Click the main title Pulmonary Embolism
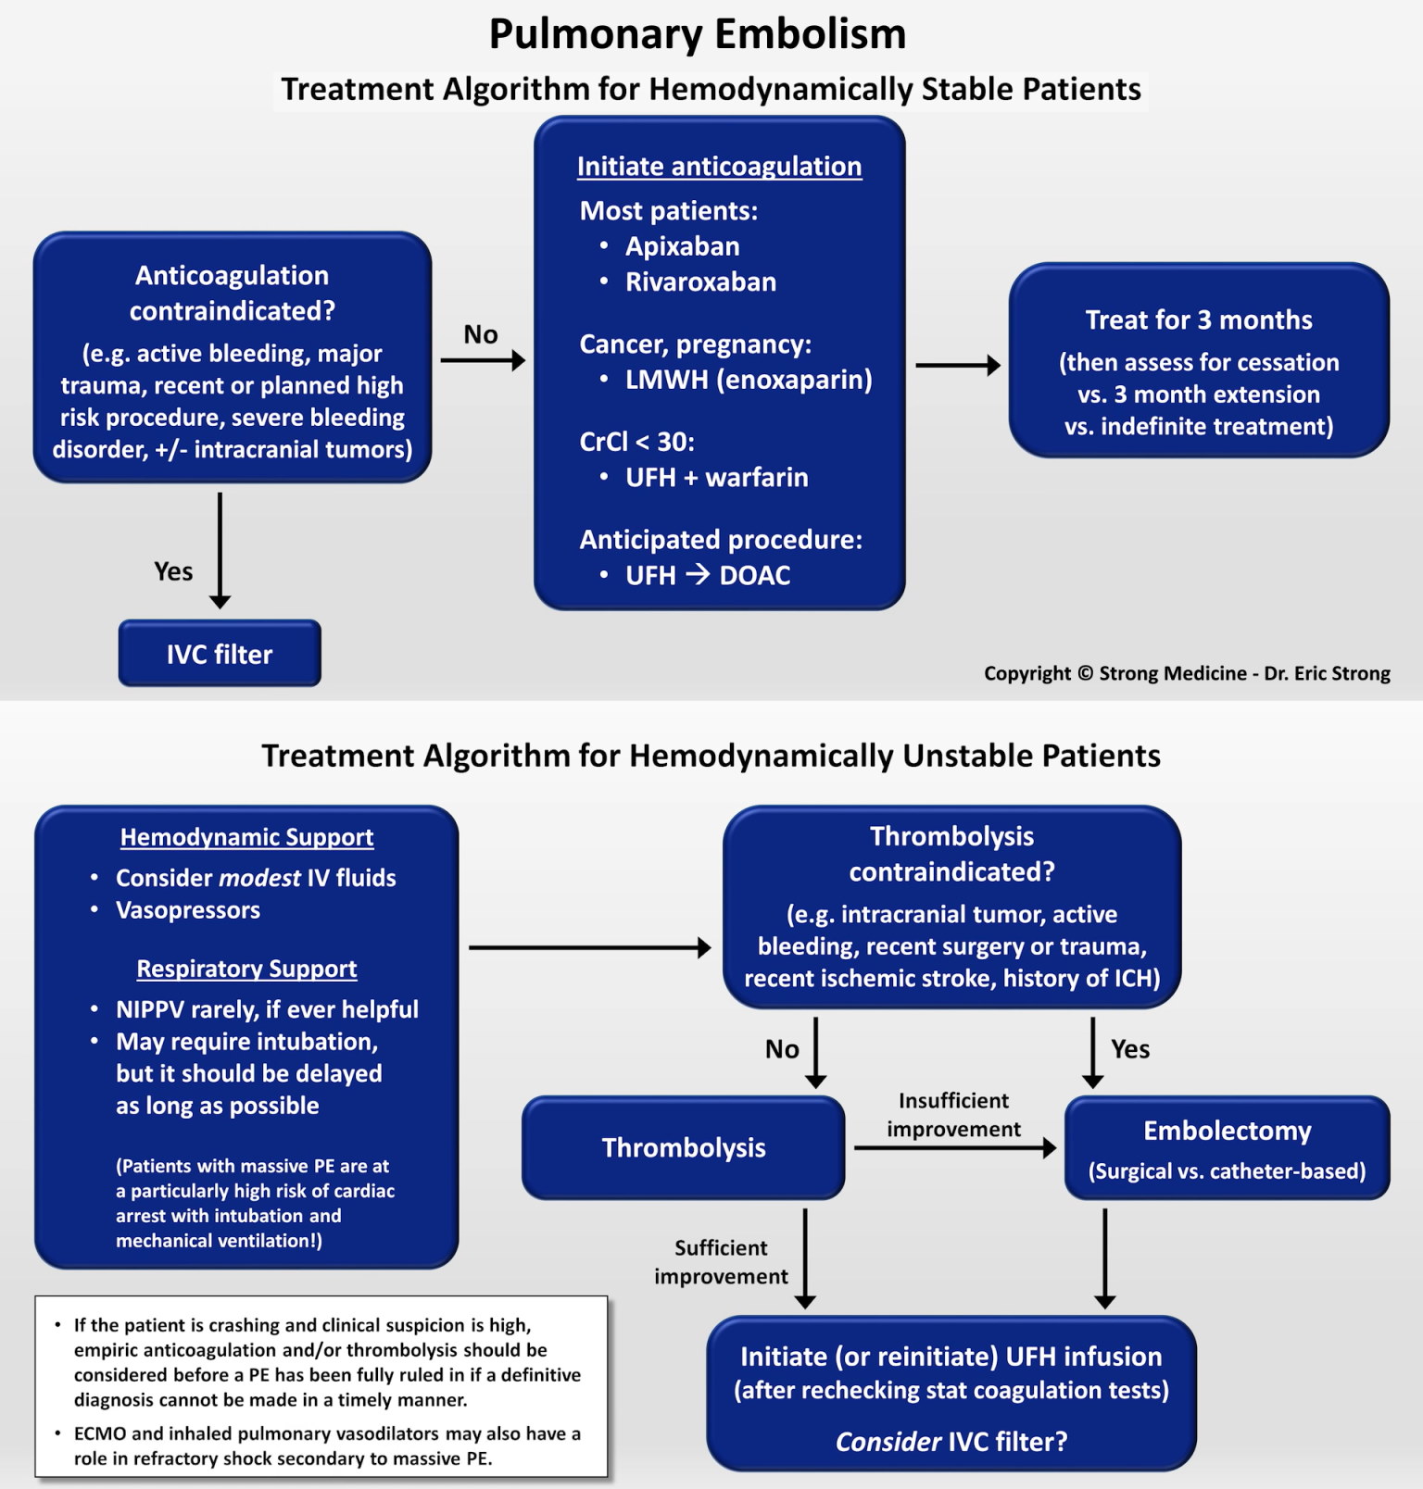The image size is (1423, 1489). pyautogui.click(x=697, y=34)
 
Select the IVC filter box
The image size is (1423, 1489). pyautogui.click(x=220, y=654)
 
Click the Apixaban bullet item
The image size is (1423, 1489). pyautogui.click(x=682, y=246)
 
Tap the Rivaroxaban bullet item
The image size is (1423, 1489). pyautogui.click(x=700, y=282)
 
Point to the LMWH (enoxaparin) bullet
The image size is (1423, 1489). pyautogui.click(x=748, y=380)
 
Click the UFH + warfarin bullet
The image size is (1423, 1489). pyautogui.click(x=716, y=477)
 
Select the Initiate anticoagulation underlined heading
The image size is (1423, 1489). pyautogui.click(x=719, y=167)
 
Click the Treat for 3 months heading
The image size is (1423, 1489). pyautogui.click(x=1198, y=320)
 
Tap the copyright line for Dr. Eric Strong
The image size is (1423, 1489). pyautogui.click(x=1186, y=673)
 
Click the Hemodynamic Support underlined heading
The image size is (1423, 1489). pyautogui.click(x=246, y=837)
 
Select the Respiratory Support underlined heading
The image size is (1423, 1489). pyautogui.click(x=246, y=969)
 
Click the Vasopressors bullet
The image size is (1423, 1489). pyautogui.click(x=187, y=910)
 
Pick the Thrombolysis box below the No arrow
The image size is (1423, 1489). pyautogui.click(x=683, y=1147)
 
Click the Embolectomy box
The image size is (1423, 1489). pyautogui.click(x=1227, y=1147)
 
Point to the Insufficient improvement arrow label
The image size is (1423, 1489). pyautogui.click(x=953, y=1114)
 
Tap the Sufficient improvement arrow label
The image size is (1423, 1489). pyautogui.click(x=721, y=1261)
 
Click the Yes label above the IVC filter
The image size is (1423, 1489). pyautogui.click(x=173, y=571)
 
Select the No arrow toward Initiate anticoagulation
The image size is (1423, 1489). pyautogui.click(x=482, y=359)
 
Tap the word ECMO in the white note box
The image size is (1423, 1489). pyautogui.click(x=100, y=1433)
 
